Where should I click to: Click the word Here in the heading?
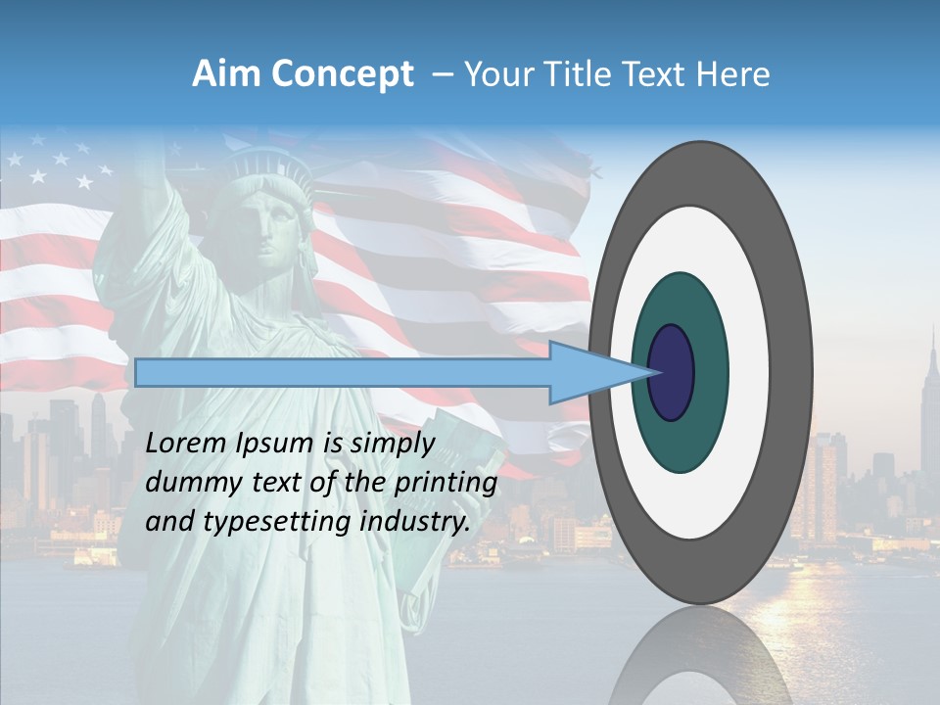point(732,74)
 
